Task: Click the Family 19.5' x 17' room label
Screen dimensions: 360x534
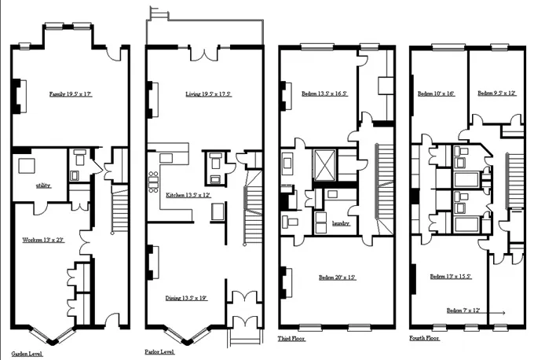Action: tap(71, 94)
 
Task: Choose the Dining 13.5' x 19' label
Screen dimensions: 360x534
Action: tap(187, 297)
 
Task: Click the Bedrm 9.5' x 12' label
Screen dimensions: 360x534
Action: tap(496, 94)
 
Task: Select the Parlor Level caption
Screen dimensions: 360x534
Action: tap(159, 352)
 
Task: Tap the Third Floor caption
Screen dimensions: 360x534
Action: tap(292, 339)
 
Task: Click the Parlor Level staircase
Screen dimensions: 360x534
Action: tap(253, 212)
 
